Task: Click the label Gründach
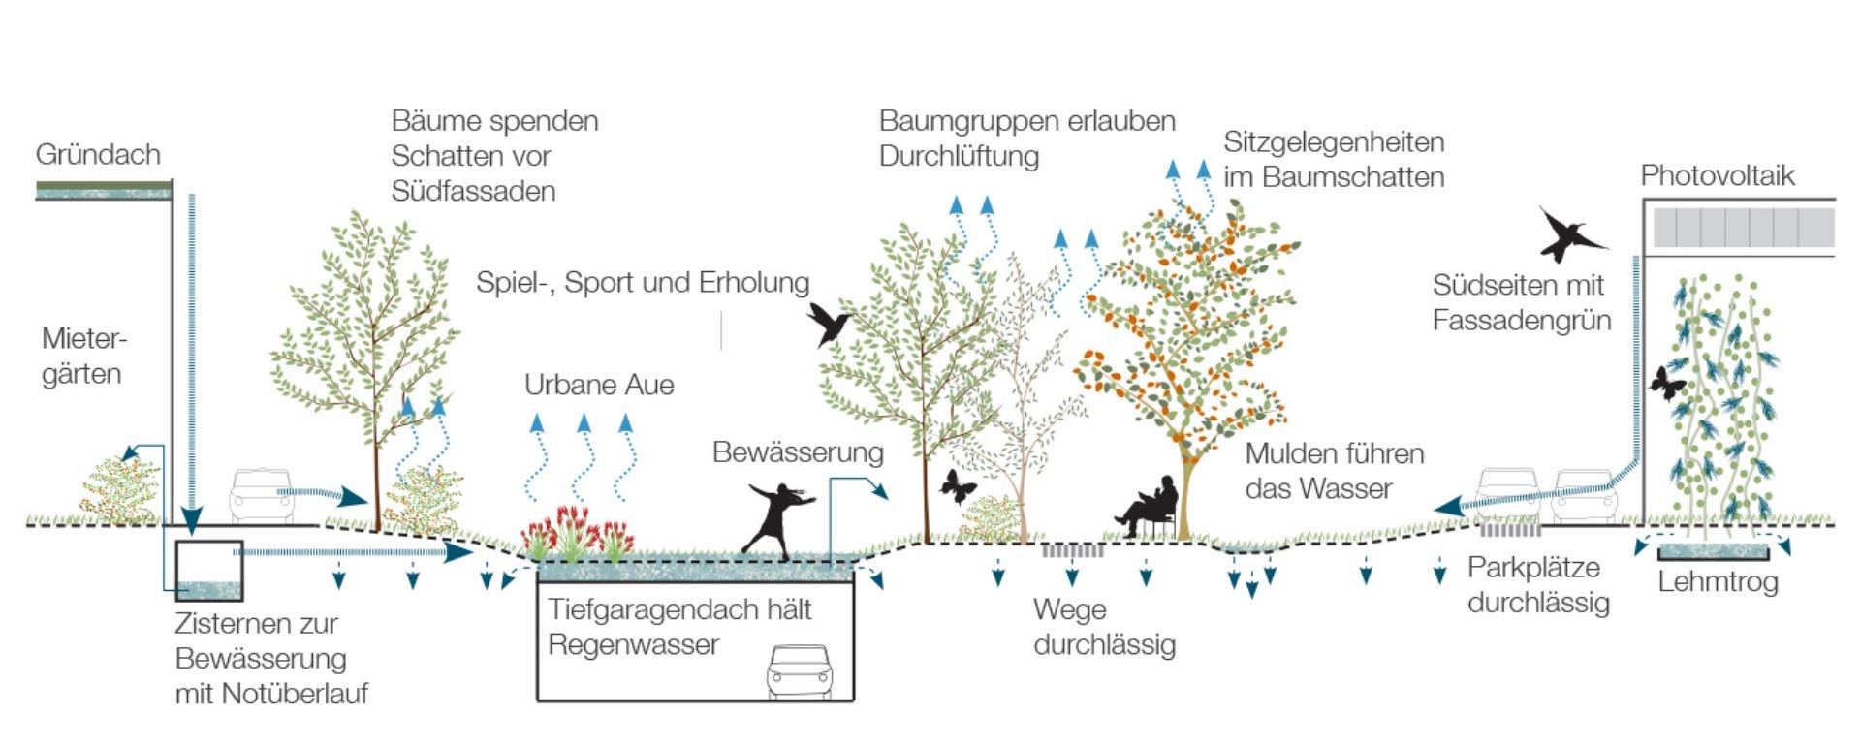click(98, 155)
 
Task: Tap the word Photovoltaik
click(1718, 175)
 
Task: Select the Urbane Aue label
click(599, 385)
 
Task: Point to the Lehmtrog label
click(1718, 581)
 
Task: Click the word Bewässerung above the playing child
click(798, 452)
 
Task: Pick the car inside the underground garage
click(800, 670)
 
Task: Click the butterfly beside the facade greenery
click(1668, 384)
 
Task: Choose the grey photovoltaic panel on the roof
click(1744, 228)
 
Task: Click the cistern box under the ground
click(208, 571)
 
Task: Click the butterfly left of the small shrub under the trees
click(957, 486)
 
